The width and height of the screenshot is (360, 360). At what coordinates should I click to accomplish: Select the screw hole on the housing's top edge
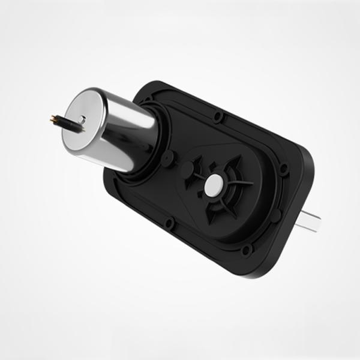point(219,115)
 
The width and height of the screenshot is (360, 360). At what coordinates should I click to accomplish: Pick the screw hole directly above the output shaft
point(284,170)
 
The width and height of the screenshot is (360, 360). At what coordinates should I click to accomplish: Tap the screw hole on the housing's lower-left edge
point(169,224)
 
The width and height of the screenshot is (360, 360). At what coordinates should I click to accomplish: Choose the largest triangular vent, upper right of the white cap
point(231,165)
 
